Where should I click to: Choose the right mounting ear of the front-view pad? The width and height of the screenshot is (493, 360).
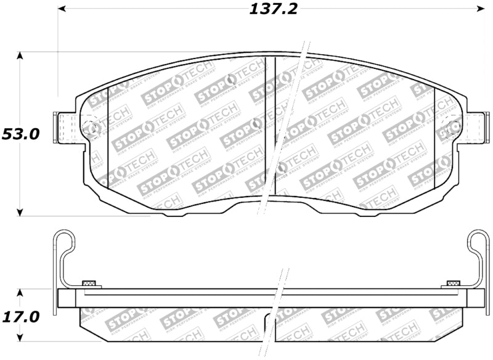475,128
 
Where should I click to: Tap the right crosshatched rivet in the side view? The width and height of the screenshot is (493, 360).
453,284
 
